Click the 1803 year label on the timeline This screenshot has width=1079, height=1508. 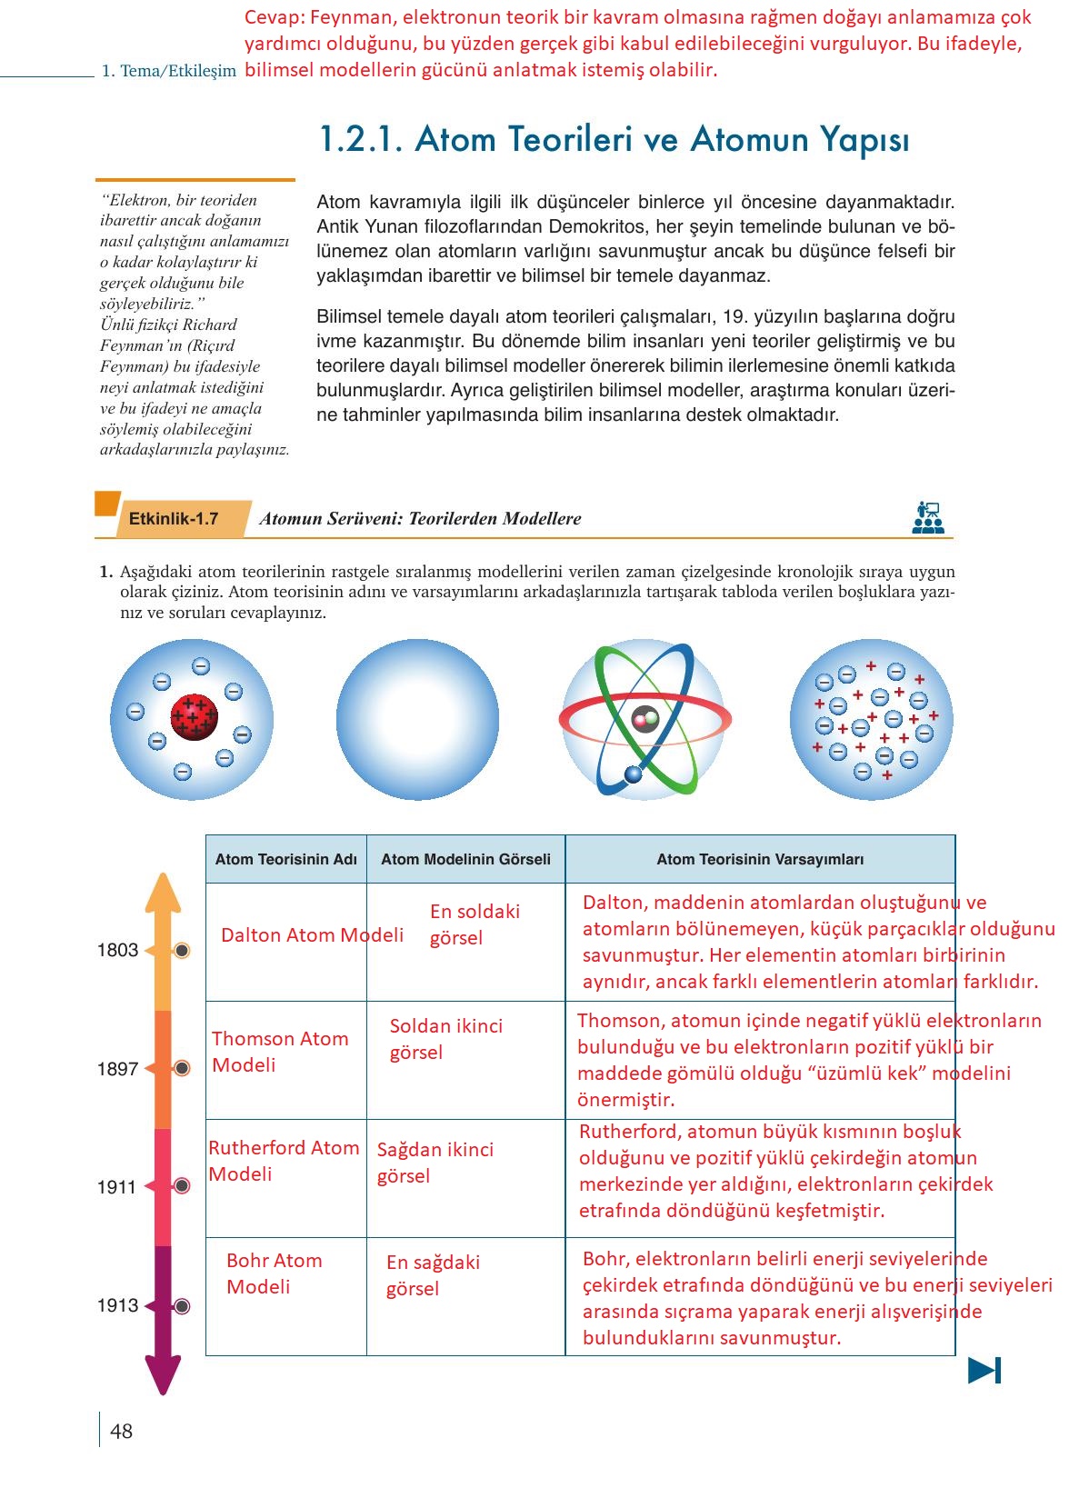117,951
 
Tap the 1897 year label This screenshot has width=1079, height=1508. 117,1069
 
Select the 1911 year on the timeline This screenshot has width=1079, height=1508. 117,1187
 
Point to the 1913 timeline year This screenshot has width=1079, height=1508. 117,1305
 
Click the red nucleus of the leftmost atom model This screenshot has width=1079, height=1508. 194,717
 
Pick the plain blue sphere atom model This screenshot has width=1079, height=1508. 417,719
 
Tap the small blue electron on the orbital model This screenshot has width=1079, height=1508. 633,774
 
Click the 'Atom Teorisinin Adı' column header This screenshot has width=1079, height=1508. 285,859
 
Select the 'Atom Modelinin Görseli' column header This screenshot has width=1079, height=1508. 465,859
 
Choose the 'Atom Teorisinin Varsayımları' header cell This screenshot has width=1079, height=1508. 760,859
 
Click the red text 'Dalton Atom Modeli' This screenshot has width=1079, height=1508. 312,935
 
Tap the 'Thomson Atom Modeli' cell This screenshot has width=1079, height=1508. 280,1052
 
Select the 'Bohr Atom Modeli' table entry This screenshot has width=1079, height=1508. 274,1273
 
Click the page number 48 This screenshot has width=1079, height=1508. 121,1432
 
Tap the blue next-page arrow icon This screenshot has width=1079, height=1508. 984,1370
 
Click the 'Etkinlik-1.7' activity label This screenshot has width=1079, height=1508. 174,519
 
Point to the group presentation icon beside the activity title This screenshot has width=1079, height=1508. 927,517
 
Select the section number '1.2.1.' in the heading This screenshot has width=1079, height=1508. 360,139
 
